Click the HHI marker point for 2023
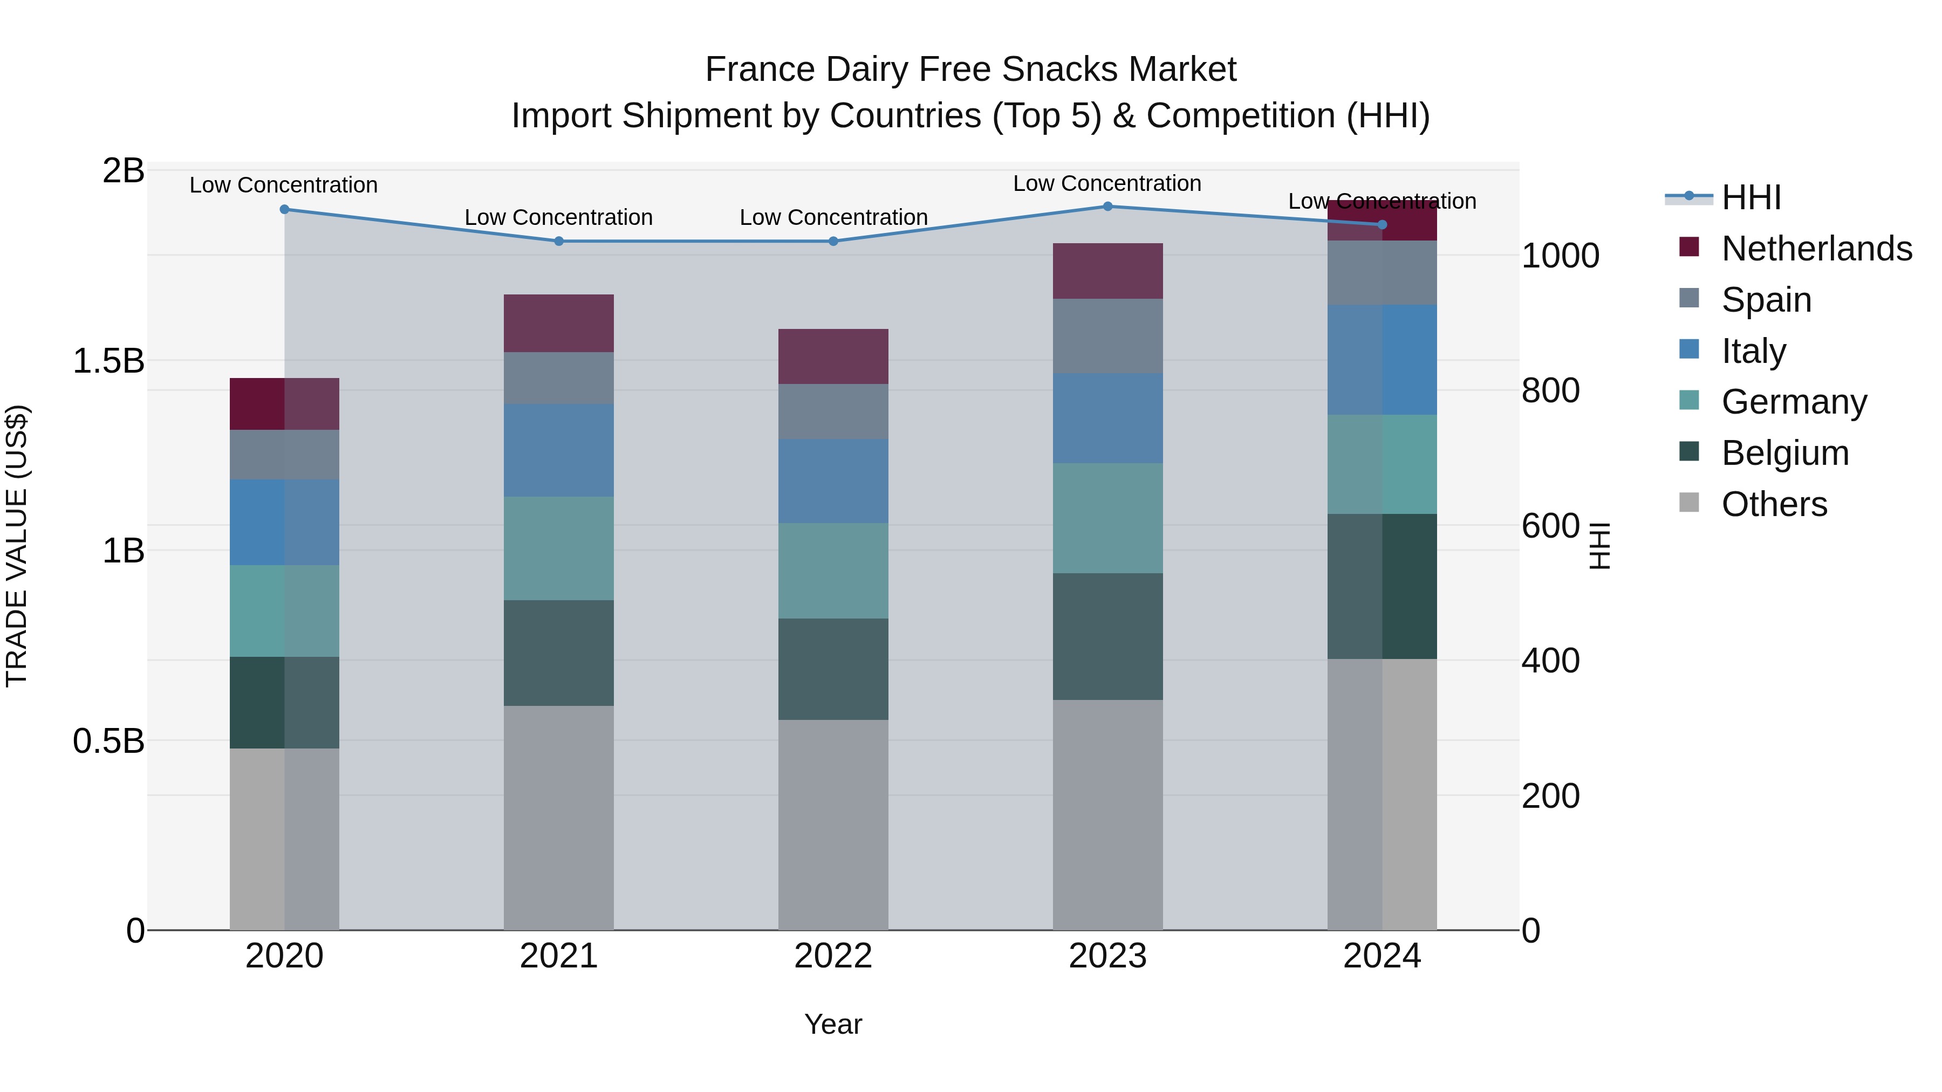tap(1107, 207)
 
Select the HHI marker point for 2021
tap(559, 241)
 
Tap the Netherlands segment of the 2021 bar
tap(559, 324)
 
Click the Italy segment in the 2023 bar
tap(1107, 418)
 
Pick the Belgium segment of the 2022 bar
tap(833, 669)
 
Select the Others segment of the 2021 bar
tap(559, 818)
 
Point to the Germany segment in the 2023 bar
tap(1107, 518)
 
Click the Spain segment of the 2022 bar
tap(833, 411)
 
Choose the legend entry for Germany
tap(1794, 402)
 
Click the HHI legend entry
tap(1750, 197)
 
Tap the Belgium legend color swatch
tap(1690, 451)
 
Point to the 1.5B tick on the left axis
tap(108, 361)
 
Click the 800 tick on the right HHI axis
tap(1551, 390)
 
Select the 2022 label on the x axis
tap(833, 956)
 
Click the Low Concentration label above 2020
tap(283, 184)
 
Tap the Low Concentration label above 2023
tap(1107, 183)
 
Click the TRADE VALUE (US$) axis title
tap(17, 546)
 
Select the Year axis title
tap(833, 1024)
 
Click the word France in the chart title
tap(760, 70)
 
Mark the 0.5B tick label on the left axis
tap(108, 741)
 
